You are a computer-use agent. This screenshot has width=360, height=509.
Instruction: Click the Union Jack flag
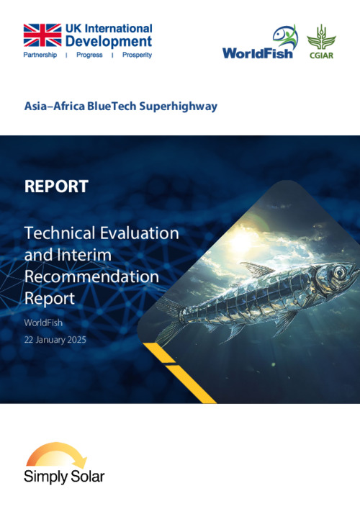[42, 35]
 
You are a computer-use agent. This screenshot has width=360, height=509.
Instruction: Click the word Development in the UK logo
[109, 42]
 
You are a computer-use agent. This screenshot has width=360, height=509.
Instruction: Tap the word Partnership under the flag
[40, 55]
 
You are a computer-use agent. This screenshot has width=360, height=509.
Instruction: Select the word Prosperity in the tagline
[137, 55]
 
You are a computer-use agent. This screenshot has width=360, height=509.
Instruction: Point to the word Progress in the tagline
[89, 55]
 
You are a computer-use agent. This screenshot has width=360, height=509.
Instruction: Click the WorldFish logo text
[258, 53]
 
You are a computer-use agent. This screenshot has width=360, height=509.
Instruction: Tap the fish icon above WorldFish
[285, 36]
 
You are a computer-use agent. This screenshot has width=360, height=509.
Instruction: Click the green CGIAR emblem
[321, 42]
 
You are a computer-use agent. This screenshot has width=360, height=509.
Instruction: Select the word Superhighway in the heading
[179, 107]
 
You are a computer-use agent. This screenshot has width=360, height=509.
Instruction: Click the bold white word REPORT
[56, 186]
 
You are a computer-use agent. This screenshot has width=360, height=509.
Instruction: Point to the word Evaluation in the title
[140, 233]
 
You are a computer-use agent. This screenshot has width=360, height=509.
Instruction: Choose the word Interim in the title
[84, 255]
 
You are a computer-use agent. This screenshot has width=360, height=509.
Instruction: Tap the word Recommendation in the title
[92, 276]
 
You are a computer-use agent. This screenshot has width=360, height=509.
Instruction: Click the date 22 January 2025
[55, 340]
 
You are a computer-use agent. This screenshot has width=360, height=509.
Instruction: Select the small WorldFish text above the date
[43, 323]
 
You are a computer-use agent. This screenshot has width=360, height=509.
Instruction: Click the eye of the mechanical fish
[339, 270]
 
